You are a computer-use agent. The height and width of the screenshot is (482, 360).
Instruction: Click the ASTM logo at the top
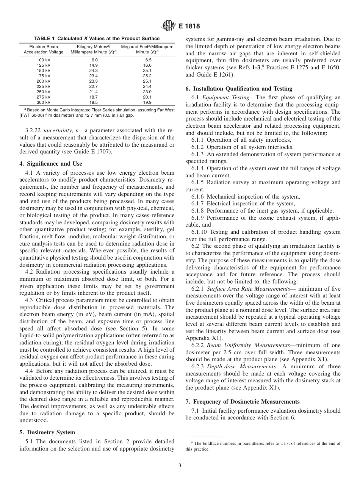click(167, 26)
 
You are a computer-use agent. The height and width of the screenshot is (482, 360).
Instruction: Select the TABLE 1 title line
click(97, 39)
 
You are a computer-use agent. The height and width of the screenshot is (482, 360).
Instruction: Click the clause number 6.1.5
click(197, 182)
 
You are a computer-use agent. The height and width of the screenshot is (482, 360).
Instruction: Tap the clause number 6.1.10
click(199, 232)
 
